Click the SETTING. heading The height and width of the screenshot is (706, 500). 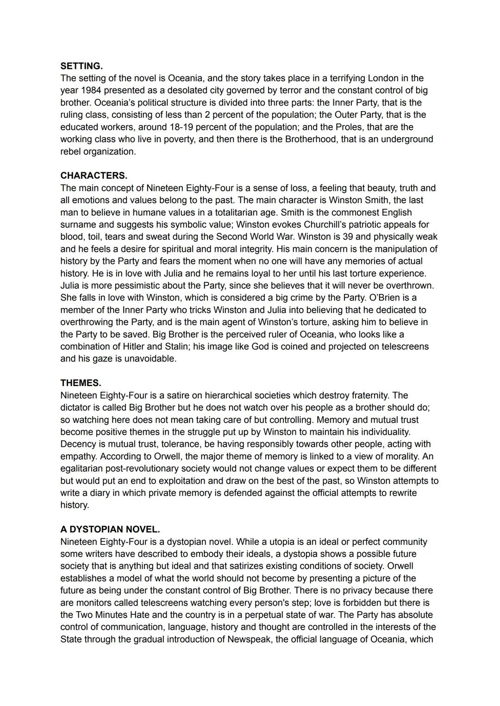click(81, 66)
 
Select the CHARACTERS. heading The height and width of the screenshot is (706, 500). click(94, 175)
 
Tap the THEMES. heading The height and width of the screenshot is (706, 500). click(81, 383)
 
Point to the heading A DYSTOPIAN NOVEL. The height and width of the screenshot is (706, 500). click(110, 529)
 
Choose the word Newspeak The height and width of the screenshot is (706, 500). click(247, 639)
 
